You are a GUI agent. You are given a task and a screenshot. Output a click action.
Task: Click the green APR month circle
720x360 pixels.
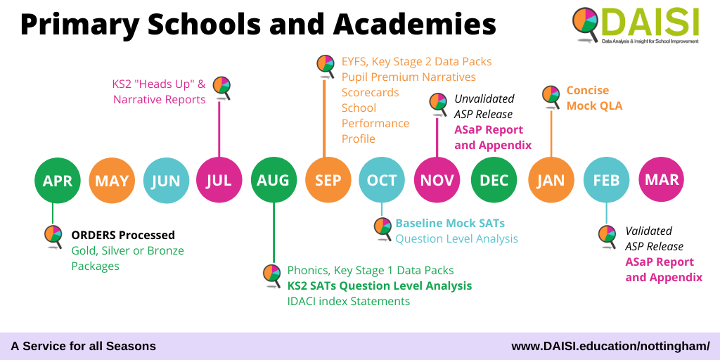(x=58, y=180)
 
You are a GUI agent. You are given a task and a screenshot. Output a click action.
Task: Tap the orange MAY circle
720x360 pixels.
(x=112, y=180)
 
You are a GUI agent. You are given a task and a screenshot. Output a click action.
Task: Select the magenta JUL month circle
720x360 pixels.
(x=219, y=180)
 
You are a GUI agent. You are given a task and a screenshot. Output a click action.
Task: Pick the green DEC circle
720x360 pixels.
(x=494, y=180)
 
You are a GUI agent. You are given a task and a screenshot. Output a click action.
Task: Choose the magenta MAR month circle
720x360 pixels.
(x=661, y=179)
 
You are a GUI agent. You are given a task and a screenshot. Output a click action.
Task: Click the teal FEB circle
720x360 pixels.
(x=606, y=180)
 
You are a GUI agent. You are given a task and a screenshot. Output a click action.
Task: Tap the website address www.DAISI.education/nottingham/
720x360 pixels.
(x=610, y=346)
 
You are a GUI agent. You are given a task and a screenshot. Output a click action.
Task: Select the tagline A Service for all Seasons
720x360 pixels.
(x=83, y=346)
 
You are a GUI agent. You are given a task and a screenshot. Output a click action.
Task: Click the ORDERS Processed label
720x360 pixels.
(x=123, y=235)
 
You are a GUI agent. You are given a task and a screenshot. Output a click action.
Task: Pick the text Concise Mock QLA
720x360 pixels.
(x=594, y=98)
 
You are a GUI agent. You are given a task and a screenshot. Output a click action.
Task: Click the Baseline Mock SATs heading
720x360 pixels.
(x=450, y=223)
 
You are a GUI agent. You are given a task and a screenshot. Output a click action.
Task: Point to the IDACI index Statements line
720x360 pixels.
(x=349, y=301)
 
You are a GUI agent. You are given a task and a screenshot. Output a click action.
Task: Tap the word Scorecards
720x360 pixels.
(x=370, y=92)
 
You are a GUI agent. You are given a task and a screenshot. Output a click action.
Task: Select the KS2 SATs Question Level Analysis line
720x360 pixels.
(x=379, y=285)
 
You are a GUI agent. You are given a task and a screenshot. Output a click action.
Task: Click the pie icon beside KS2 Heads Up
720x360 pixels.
(x=221, y=86)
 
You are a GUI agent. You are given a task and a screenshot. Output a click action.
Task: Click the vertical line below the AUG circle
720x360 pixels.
(x=274, y=232)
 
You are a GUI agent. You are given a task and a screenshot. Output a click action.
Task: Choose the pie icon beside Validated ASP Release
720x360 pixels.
(x=607, y=236)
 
